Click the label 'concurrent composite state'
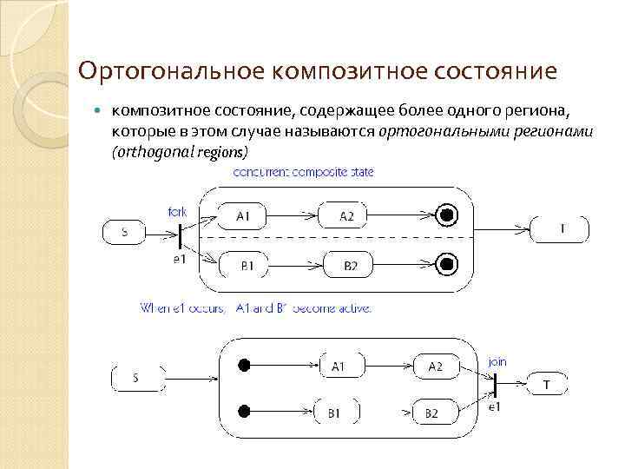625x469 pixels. [303, 173]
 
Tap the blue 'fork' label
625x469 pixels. [177, 212]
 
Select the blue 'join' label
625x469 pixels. [497, 360]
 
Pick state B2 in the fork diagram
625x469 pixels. [350, 265]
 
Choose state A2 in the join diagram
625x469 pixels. [435, 367]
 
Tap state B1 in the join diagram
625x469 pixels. [333, 413]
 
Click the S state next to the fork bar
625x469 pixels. [125, 232]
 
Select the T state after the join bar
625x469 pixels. [546, 383]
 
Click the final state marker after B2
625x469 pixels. [446, 264]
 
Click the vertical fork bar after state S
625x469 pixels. [180, 235]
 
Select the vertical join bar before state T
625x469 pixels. [495, 384]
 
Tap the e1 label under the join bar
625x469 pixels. [494, 406]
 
